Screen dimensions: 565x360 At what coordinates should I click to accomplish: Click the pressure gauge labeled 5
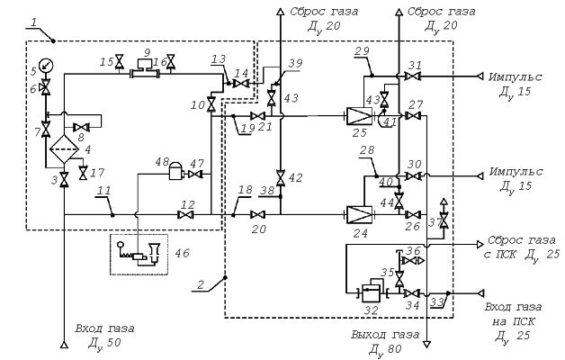coord(46,65)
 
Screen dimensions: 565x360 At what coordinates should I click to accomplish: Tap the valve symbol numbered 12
coord(186,215)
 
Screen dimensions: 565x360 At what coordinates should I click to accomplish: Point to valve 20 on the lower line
coord(258,215)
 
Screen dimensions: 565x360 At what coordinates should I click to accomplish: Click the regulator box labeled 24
coord(359,215)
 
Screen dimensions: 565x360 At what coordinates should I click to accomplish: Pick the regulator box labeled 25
coord(359,116)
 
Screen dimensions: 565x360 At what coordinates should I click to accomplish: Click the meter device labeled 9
coord(147,69)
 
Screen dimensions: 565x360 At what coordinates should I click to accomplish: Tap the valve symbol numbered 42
coord(281,178)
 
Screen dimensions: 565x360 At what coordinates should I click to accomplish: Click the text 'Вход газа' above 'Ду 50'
coord(105,328)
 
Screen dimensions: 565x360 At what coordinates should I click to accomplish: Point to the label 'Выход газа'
coord(385,335)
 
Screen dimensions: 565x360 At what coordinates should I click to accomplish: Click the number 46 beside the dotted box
coord(182,253)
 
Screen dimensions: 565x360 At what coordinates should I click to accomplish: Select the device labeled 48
coord(176,171)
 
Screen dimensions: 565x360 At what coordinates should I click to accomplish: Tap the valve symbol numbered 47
coord(195,175)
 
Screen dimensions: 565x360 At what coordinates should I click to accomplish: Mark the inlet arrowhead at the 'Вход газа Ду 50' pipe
coord(64,345)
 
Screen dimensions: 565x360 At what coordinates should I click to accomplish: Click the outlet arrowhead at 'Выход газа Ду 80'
coord(427,345)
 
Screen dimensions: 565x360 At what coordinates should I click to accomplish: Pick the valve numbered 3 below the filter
coord(65,179)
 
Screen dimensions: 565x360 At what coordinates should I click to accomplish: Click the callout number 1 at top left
coord(33,22)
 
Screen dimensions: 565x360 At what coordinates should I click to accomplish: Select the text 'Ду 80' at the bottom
coord(385,349)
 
